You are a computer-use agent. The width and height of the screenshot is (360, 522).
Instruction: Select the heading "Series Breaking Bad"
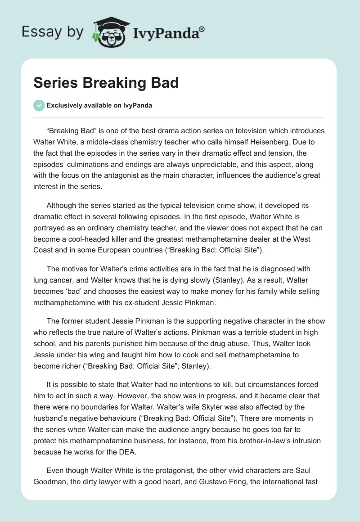pos(106,83)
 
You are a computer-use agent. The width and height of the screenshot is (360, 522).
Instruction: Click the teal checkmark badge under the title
pos(39,105)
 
